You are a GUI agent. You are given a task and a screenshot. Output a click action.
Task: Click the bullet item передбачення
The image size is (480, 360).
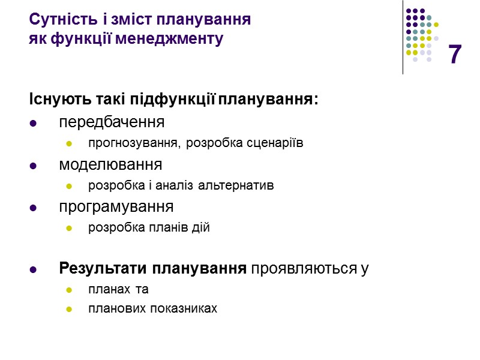click(x=112, y=123)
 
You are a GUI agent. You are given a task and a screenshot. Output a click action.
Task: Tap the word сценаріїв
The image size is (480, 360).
click(x=275, y=143)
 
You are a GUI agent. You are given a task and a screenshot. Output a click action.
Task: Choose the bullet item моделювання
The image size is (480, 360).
click(x=110, y=164)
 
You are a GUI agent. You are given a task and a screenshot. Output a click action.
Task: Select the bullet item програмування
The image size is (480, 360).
click(x=116, y=207)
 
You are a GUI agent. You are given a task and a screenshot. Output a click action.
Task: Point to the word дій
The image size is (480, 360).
click(x=201, y=228)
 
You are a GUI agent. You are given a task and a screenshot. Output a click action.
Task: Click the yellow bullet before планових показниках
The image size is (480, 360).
click(x=68, y=310)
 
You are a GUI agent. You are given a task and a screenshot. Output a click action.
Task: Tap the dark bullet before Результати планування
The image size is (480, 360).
click(x=33, y=269)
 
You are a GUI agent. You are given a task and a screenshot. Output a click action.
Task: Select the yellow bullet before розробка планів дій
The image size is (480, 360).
click(x=68, y=229)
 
